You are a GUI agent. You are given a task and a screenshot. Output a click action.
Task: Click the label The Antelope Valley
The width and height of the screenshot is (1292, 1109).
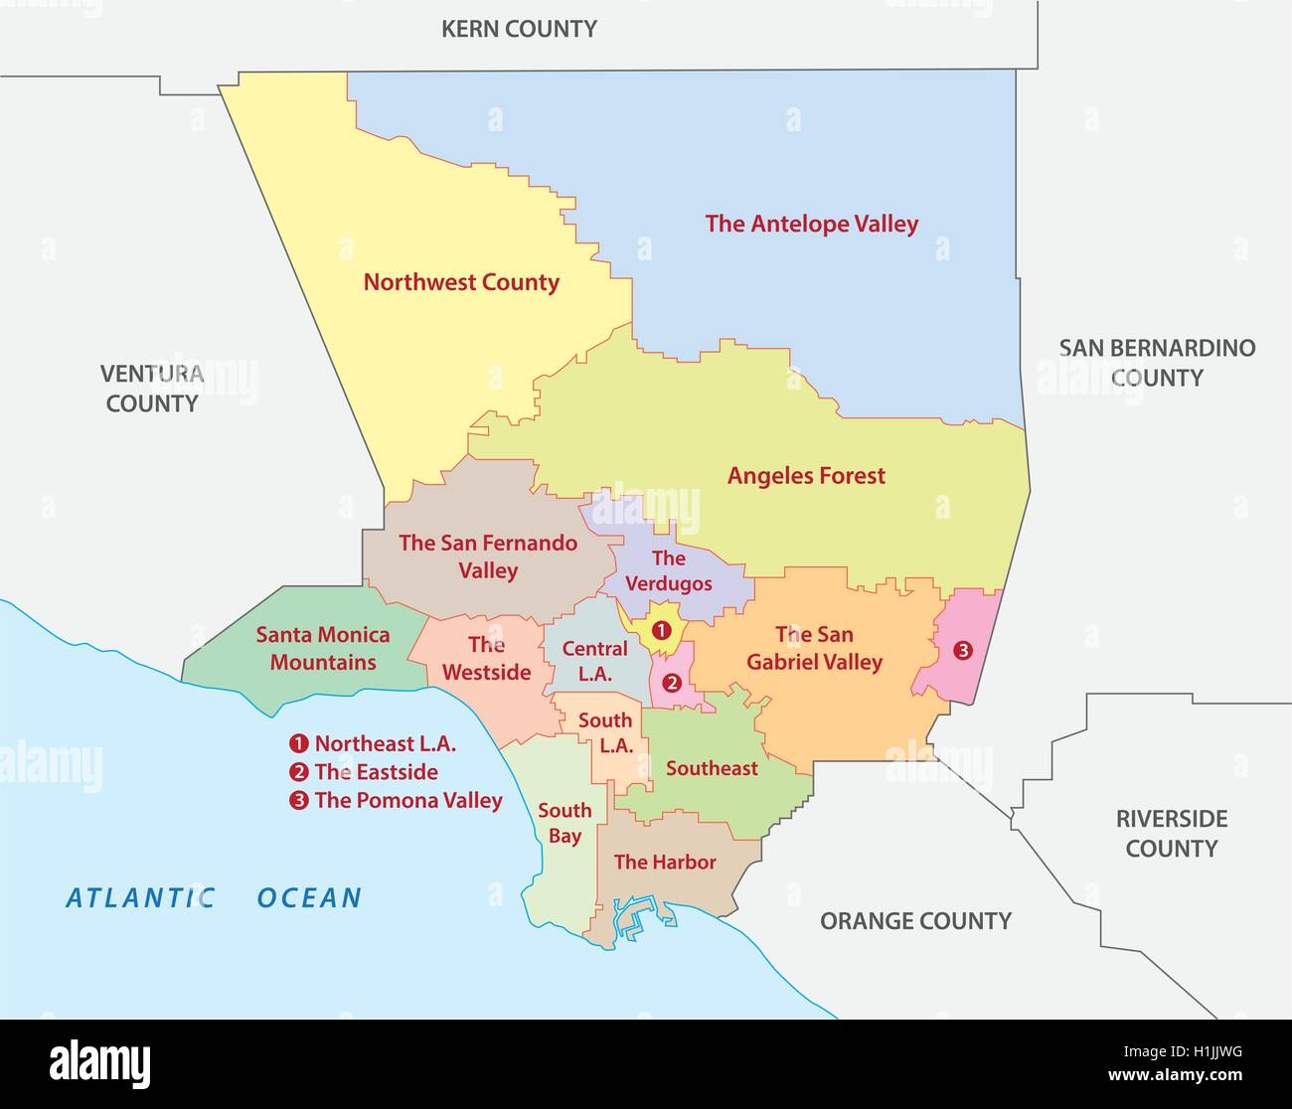pos(811,224)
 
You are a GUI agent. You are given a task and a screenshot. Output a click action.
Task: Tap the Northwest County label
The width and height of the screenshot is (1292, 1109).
pos(461,282)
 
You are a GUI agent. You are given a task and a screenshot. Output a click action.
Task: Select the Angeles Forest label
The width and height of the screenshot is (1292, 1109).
pos(806,476)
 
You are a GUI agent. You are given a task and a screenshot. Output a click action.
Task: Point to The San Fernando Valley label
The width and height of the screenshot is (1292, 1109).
pos(488,556)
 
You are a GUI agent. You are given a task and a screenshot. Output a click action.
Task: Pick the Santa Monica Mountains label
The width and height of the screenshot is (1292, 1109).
pos(323,648)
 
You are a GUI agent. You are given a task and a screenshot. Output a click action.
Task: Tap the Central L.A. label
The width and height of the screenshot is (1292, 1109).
pos(594,661)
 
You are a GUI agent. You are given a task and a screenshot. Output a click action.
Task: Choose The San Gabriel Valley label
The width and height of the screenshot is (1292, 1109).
pos(814,648)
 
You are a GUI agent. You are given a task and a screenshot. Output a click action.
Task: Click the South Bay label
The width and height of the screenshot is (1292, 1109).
pos(565,823)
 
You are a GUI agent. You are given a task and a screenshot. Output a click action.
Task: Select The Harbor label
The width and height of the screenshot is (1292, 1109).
pos(665,862)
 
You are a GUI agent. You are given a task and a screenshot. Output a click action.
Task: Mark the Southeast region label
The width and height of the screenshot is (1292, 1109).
pos(712,768)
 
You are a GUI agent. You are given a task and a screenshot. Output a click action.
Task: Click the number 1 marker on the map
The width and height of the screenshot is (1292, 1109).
pos(661,629)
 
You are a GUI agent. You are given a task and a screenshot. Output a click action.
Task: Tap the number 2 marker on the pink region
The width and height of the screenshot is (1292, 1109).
pos(672,683)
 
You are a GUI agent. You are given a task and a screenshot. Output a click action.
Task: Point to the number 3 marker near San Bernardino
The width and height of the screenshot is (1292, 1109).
pos(961,651)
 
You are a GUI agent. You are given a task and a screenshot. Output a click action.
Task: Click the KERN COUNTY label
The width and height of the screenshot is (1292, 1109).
pos(519,29)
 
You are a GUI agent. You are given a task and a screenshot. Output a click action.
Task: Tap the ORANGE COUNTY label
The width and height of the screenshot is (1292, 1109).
pos(915,921)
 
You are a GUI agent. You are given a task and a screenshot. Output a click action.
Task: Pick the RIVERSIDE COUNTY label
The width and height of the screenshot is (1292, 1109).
pos(1171,834)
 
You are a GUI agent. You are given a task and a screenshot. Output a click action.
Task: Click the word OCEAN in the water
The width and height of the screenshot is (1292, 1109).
pos(309,898)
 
